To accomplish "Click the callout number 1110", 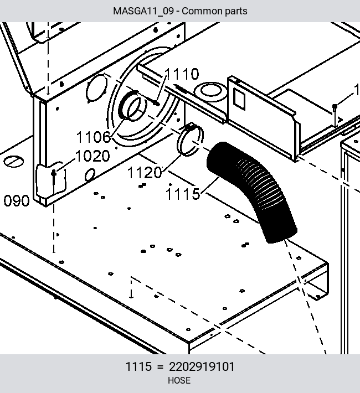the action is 182,74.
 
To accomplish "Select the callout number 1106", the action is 94,137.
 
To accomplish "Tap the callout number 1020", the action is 92,156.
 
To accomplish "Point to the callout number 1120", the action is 145,173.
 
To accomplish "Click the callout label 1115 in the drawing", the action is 183,194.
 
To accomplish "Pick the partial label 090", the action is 17,201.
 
